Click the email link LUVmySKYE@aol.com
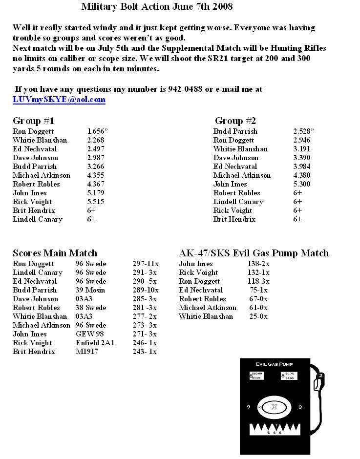pos(59,100)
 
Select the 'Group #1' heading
pos(33,121)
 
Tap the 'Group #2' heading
pos(235,121)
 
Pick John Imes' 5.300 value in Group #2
pos(302,184)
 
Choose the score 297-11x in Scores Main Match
pos(145,264)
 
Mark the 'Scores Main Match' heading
pos(55,253)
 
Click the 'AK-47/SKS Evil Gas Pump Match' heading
pos(254,253)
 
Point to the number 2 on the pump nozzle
pos(321,376)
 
